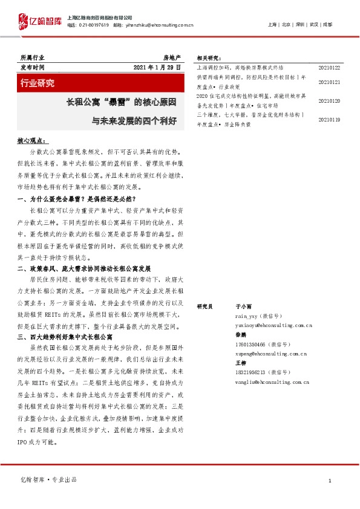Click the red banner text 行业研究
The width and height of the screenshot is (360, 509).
[x=38, y=82]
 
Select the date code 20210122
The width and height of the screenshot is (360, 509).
[x=329, y=68]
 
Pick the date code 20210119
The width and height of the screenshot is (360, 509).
[x=329, y=120]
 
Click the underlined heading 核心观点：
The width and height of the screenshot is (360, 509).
[x=31, y=140]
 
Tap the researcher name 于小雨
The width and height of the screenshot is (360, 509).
[x=243, y=307]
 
